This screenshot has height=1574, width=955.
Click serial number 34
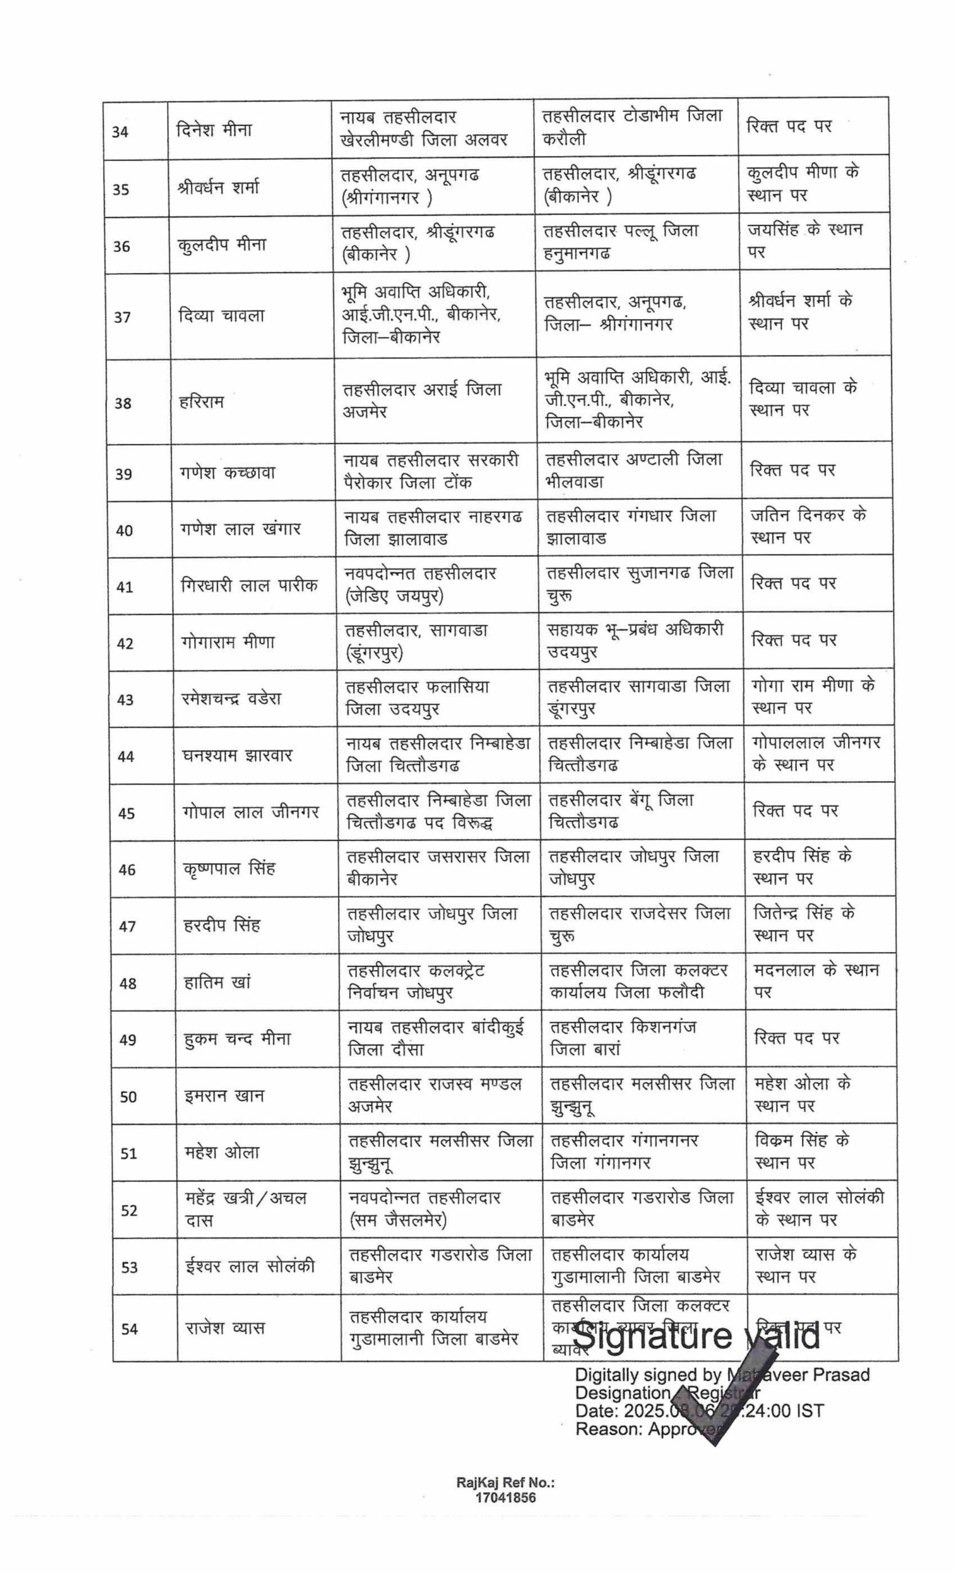[x=120, y=132]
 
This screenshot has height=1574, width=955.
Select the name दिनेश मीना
[x=214, y=130]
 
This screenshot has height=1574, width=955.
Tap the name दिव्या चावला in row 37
[x=221, y=315]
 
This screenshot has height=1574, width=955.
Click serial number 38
[x=122, y=403]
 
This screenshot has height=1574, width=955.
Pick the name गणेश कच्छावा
[x=228, y=473]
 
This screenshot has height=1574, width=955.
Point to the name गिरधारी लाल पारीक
[x=249, y=585]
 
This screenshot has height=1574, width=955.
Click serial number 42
[x=125, y=643]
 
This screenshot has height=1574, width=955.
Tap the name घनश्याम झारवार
[x=237, y=755]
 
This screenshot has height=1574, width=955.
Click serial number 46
[x=127, y=869]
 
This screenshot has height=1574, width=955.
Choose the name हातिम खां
[x=217, y=982]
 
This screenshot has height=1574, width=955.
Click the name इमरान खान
[x=224, y=1096]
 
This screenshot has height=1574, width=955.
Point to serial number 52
[x=129, y=1211]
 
